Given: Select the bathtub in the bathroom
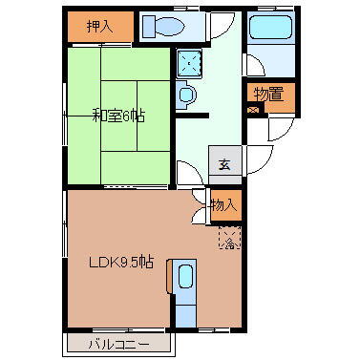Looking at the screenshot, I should [x=264, y=32].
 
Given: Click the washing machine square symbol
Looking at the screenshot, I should [x=194, y=63].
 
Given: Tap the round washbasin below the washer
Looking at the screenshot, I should [x=186, y=94].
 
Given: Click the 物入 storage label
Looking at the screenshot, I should [x=223, y=204].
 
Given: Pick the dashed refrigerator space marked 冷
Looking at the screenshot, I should [x=229, y=239].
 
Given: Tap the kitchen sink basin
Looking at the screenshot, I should [x=185, y=278].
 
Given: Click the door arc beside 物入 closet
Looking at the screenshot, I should [x=200, y=197].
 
